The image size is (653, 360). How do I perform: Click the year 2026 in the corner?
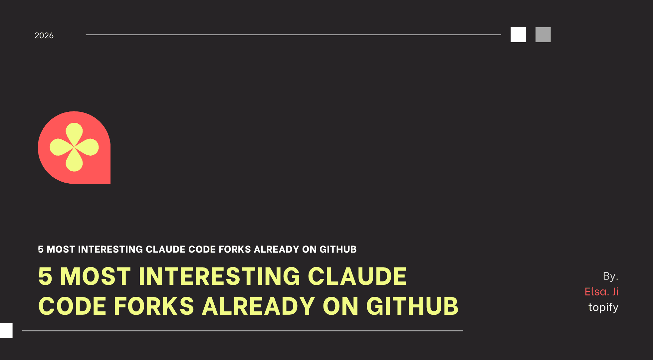point(44,36)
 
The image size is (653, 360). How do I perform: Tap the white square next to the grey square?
point(518,35)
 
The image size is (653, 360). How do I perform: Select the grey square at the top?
point(543,35)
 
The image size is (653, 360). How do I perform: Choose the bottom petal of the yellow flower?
point(74,161)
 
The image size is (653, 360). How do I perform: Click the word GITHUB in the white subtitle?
point(338,249)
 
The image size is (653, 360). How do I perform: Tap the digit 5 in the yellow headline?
point(45,276)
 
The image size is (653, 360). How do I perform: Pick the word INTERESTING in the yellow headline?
point(219,276)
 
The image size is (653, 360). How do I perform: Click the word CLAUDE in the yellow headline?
point(357,276)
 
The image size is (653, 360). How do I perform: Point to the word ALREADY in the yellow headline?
point(258,306)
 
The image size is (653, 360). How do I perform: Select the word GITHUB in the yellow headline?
point(412,306)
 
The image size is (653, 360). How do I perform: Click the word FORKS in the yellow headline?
point(154,306)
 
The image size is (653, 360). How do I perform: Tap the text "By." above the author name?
point(610,276)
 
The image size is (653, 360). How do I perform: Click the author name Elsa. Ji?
point(601,292)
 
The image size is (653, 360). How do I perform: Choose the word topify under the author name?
point(603,307)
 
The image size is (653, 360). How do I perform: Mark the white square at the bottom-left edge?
point(6,330)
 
